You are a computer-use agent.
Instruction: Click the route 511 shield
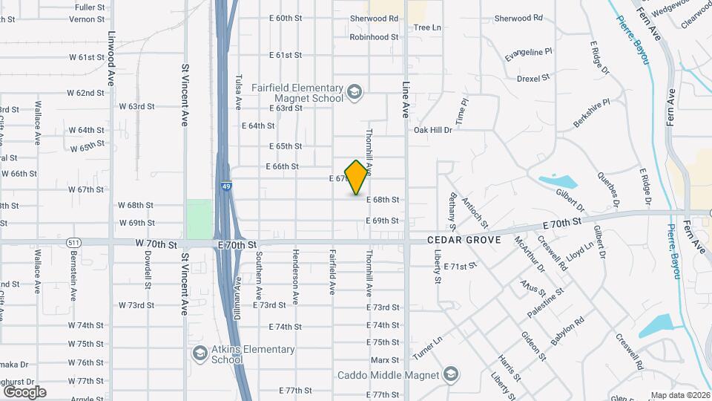[x=73, y=242]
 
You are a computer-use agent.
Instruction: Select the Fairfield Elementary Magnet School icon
[x=355, y=91]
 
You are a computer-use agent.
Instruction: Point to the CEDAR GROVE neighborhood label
[x=464, y=241]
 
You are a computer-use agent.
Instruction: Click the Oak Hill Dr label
[x=432, y=130]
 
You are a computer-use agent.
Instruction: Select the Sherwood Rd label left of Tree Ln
[x=375, y=18]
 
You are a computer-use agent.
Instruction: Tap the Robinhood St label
[x=375, y=36]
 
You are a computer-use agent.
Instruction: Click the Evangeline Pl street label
[x=529, y=53]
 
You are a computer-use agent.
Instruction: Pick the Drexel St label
[x=533, y=77]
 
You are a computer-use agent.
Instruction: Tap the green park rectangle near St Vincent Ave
[x=199, y=218]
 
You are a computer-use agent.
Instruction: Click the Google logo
[x=24, y=392]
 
